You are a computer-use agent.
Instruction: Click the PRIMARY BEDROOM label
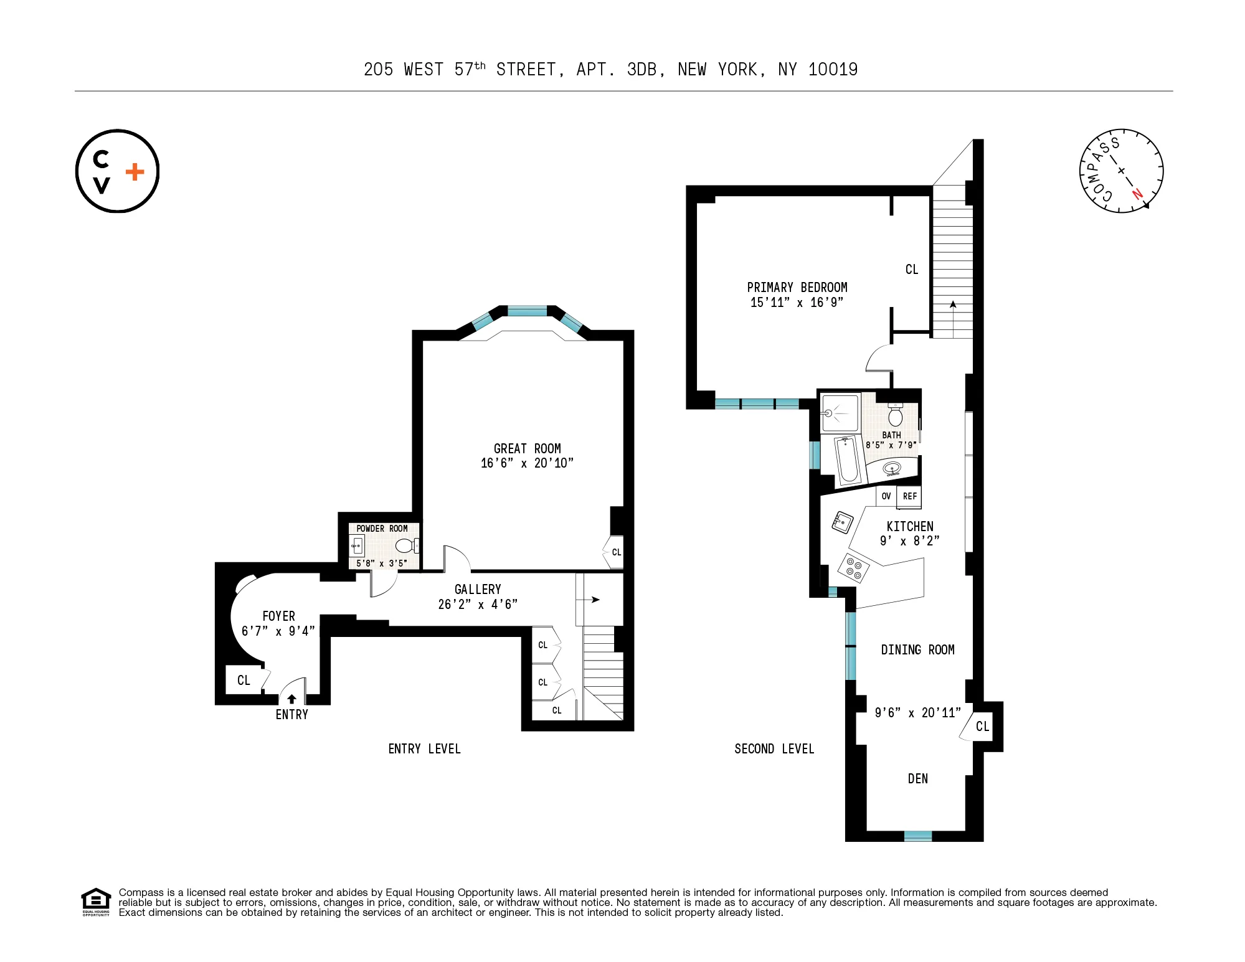click(797, 288)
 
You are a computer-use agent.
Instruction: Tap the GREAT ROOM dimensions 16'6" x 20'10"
click(527, 463)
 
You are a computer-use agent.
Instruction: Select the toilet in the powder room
click(405, 546)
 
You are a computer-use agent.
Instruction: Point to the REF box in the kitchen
click(909, 496)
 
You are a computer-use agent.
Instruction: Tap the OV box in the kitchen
click(886, 496)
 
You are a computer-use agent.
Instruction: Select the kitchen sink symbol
click(842, 522)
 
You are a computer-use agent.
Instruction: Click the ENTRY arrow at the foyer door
click(291, 699)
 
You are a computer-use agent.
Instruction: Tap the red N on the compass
click(1137, 194)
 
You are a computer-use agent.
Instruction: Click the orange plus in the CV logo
click(135, 172)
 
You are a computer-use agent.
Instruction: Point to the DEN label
click(917, 778)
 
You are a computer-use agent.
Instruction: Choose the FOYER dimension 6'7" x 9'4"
click(278, 631)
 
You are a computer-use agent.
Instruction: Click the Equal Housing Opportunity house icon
click(95, 900)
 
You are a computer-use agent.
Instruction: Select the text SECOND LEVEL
click(774, 749)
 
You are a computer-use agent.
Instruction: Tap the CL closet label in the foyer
click(244, 681)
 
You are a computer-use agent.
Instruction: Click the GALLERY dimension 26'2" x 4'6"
click(478, 604)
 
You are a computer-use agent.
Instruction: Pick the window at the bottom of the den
click(917, 836)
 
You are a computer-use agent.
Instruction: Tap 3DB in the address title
click(641, 70)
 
